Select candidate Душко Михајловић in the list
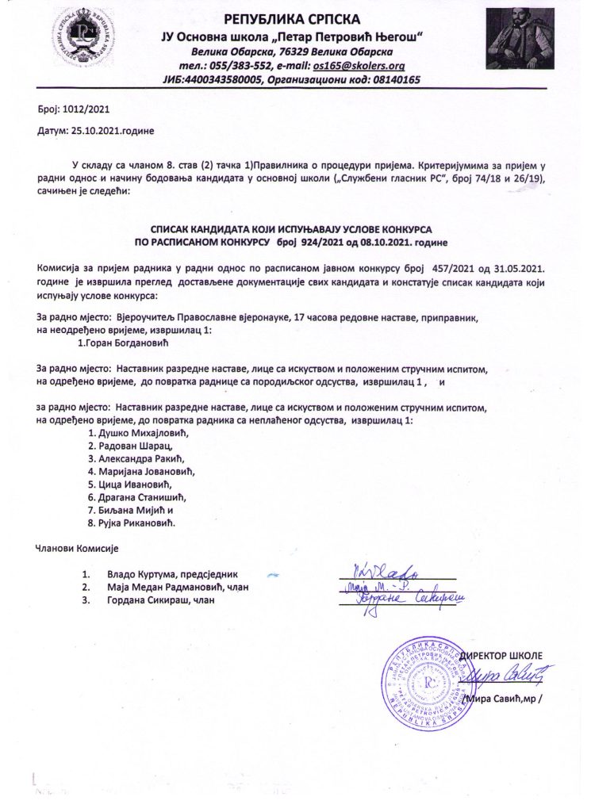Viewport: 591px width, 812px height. tap(140, 434)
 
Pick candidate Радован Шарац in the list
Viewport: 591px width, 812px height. tap(131, 449)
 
